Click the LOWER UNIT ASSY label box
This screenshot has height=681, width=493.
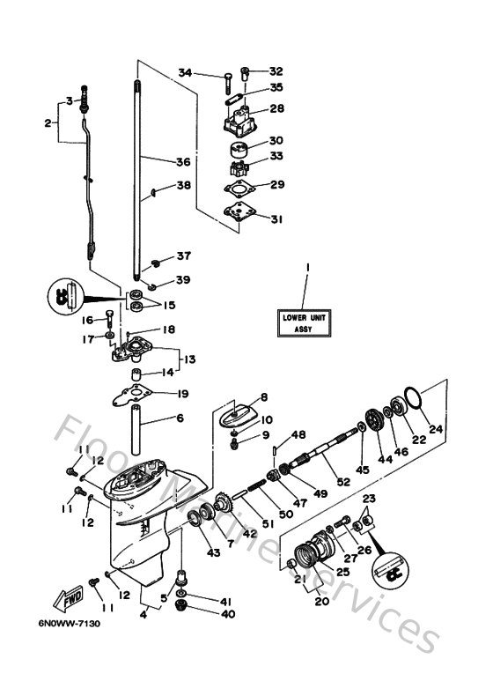303,323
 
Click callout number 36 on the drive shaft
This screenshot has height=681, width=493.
182,161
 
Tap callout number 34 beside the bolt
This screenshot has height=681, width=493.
184,71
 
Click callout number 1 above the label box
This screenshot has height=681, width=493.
307,266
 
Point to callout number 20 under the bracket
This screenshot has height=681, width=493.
310,603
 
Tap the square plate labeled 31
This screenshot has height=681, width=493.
239,211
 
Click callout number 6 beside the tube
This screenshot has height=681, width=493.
180,418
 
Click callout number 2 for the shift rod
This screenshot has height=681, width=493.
48,122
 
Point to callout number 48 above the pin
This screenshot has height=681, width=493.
298,434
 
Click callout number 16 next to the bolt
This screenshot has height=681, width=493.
88,320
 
